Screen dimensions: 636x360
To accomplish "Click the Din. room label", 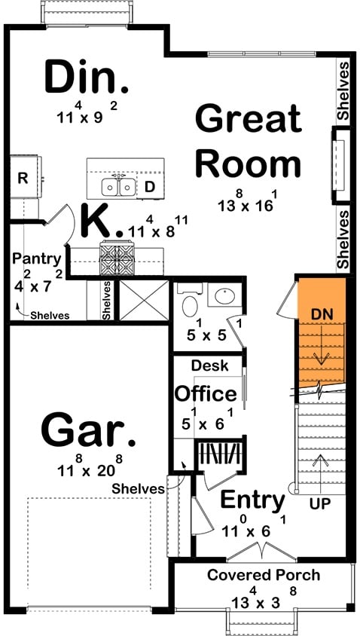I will [82, 77].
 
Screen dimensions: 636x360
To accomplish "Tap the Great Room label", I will [248, 142].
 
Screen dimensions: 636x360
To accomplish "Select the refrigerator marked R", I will [23, 179].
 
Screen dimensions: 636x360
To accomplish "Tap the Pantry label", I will [36, 258].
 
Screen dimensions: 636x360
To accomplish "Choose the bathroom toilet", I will [189, 303].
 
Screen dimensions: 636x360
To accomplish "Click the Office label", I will [206, 393].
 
